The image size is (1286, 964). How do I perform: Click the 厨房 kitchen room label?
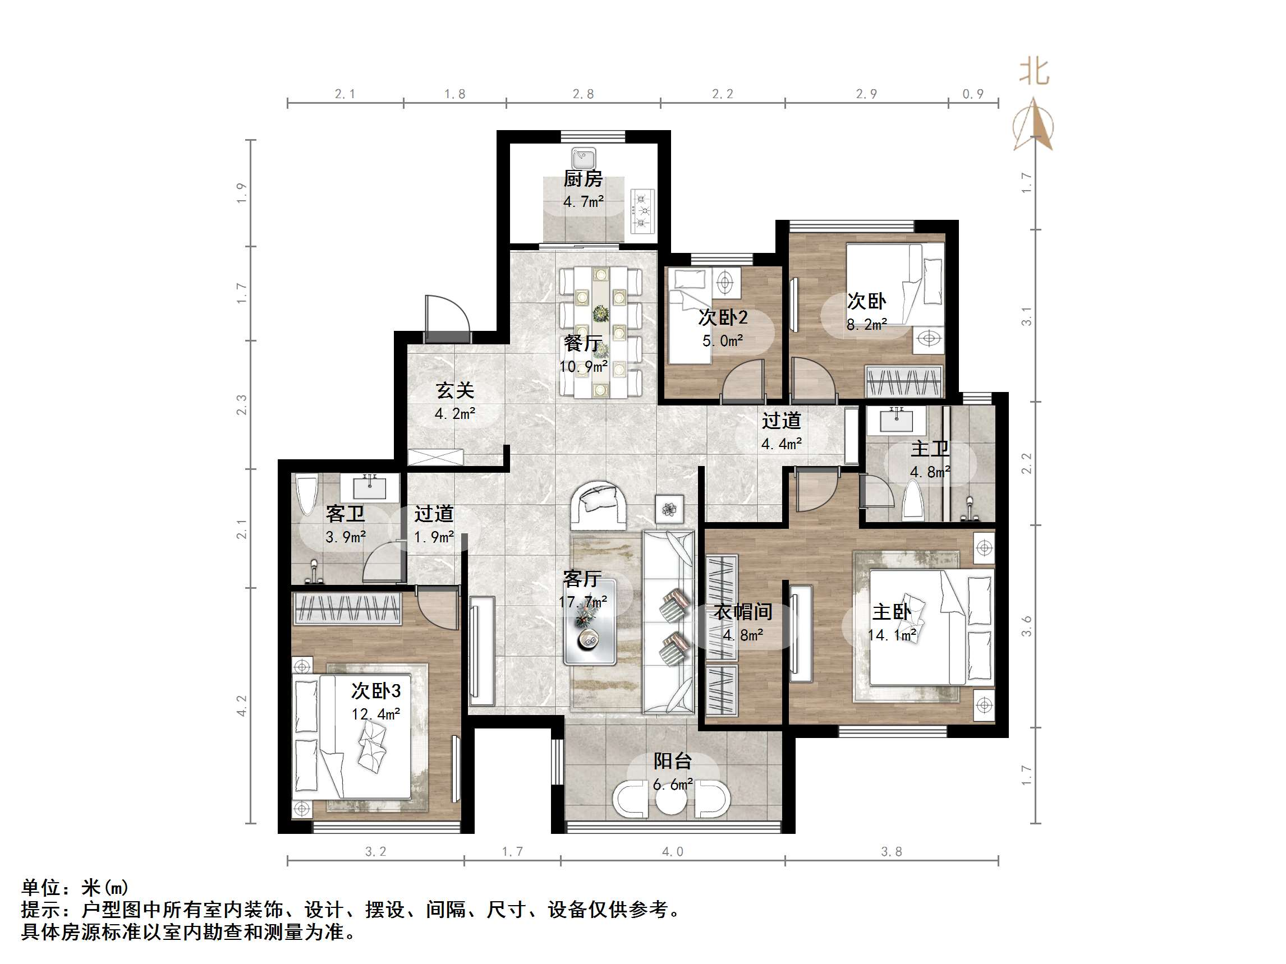(582, 178)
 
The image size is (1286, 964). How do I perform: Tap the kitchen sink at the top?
(583, 158)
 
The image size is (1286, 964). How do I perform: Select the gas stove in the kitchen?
(642, 210)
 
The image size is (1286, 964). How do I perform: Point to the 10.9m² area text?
(583, 367)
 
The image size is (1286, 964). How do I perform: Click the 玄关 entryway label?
(454, 390)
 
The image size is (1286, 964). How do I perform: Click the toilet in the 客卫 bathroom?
(306, 494)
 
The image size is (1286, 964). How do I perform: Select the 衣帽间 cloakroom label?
(743, 611)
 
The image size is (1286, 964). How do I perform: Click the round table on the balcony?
(671, 800)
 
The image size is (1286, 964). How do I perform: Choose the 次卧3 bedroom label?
(375, 690)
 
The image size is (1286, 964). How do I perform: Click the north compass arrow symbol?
(1034, 125)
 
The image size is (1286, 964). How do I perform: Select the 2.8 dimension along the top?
(583, 94)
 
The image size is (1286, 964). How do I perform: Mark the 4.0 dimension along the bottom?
(672, 851)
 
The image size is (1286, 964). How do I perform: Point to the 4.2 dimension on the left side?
(241, 705)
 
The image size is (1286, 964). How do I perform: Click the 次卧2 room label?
(723, 317)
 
